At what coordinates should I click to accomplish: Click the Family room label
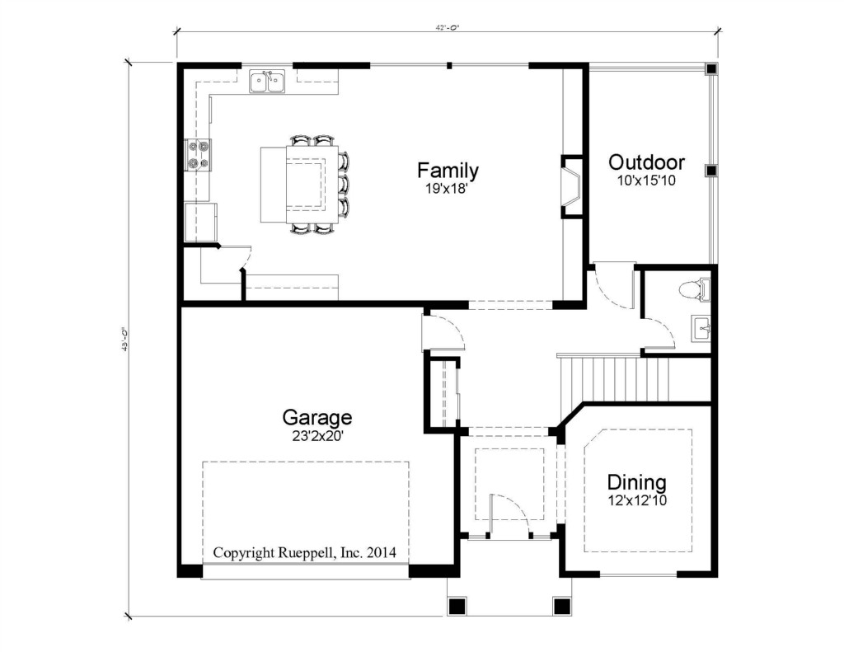pyautogui.click(x=448, y=171)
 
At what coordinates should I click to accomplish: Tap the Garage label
pyautogui.click(x=317, y=417)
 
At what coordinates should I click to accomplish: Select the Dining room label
pyautogui.click(x=637, y=482)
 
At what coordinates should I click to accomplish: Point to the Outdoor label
pyautogui.click(x=646, y=162)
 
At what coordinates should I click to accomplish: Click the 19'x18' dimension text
pyautogui.click(x=446, y=189)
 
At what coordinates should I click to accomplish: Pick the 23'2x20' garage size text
pyautogui.click(x=318, y=436)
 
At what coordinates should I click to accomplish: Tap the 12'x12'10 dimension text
pyautogui.click(x=637, y=500)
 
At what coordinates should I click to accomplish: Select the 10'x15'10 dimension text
pyautogui.click(x=646, y=181)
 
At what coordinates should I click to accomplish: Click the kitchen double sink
pyautogui.click(x=268, y=81)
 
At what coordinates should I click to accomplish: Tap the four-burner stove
pyautogui.click(x=198, y=154)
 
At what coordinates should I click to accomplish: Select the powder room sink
pyautogui.click(x=701, y=328)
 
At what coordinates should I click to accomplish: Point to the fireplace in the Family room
pyautogui.click(x=572, y=186)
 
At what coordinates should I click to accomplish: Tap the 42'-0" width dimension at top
pyautogui.click(x=448, y=29)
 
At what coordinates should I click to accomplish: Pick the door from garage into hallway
pyautogui.click(x=443, y=332)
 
